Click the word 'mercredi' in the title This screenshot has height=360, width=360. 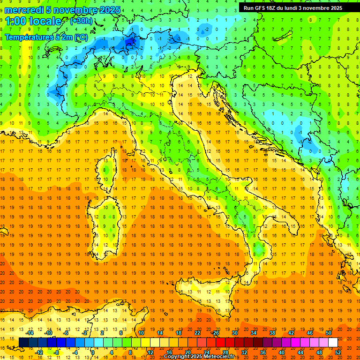click(23, 10)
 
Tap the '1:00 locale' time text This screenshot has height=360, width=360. click(33, 22)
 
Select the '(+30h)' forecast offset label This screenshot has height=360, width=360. click(81, 21)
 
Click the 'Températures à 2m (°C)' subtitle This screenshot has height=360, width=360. click(46, 37)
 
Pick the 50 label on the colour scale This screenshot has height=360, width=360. click(328, 333)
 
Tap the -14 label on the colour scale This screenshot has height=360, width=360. click(30, 333)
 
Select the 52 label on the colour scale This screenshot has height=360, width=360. click(337, 352)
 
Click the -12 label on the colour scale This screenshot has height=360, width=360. click(39, 352)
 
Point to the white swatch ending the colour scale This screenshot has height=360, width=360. click(333, 343)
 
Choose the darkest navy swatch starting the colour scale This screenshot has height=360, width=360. click(23, 343)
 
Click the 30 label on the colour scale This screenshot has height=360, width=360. click(234, 333)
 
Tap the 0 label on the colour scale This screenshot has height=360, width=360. click(93, 352)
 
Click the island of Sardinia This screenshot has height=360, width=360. click(109, 218)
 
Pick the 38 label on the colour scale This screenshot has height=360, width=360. click(272, 333)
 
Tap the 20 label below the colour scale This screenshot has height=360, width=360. click(188, 352)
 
